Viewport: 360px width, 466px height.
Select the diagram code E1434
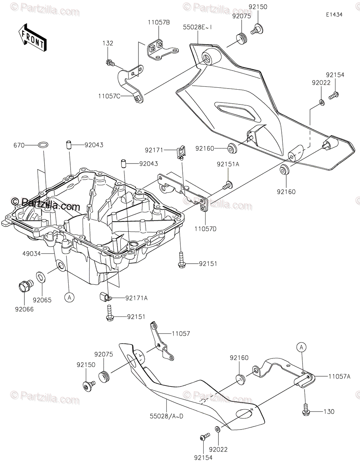point(334,14)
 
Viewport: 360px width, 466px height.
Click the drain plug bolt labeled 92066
point(24,287)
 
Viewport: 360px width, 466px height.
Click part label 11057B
point(158,23)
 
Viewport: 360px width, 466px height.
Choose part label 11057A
point(339,376)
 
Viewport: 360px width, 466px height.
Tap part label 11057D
point(206,229)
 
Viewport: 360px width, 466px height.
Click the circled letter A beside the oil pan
point(69,298)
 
